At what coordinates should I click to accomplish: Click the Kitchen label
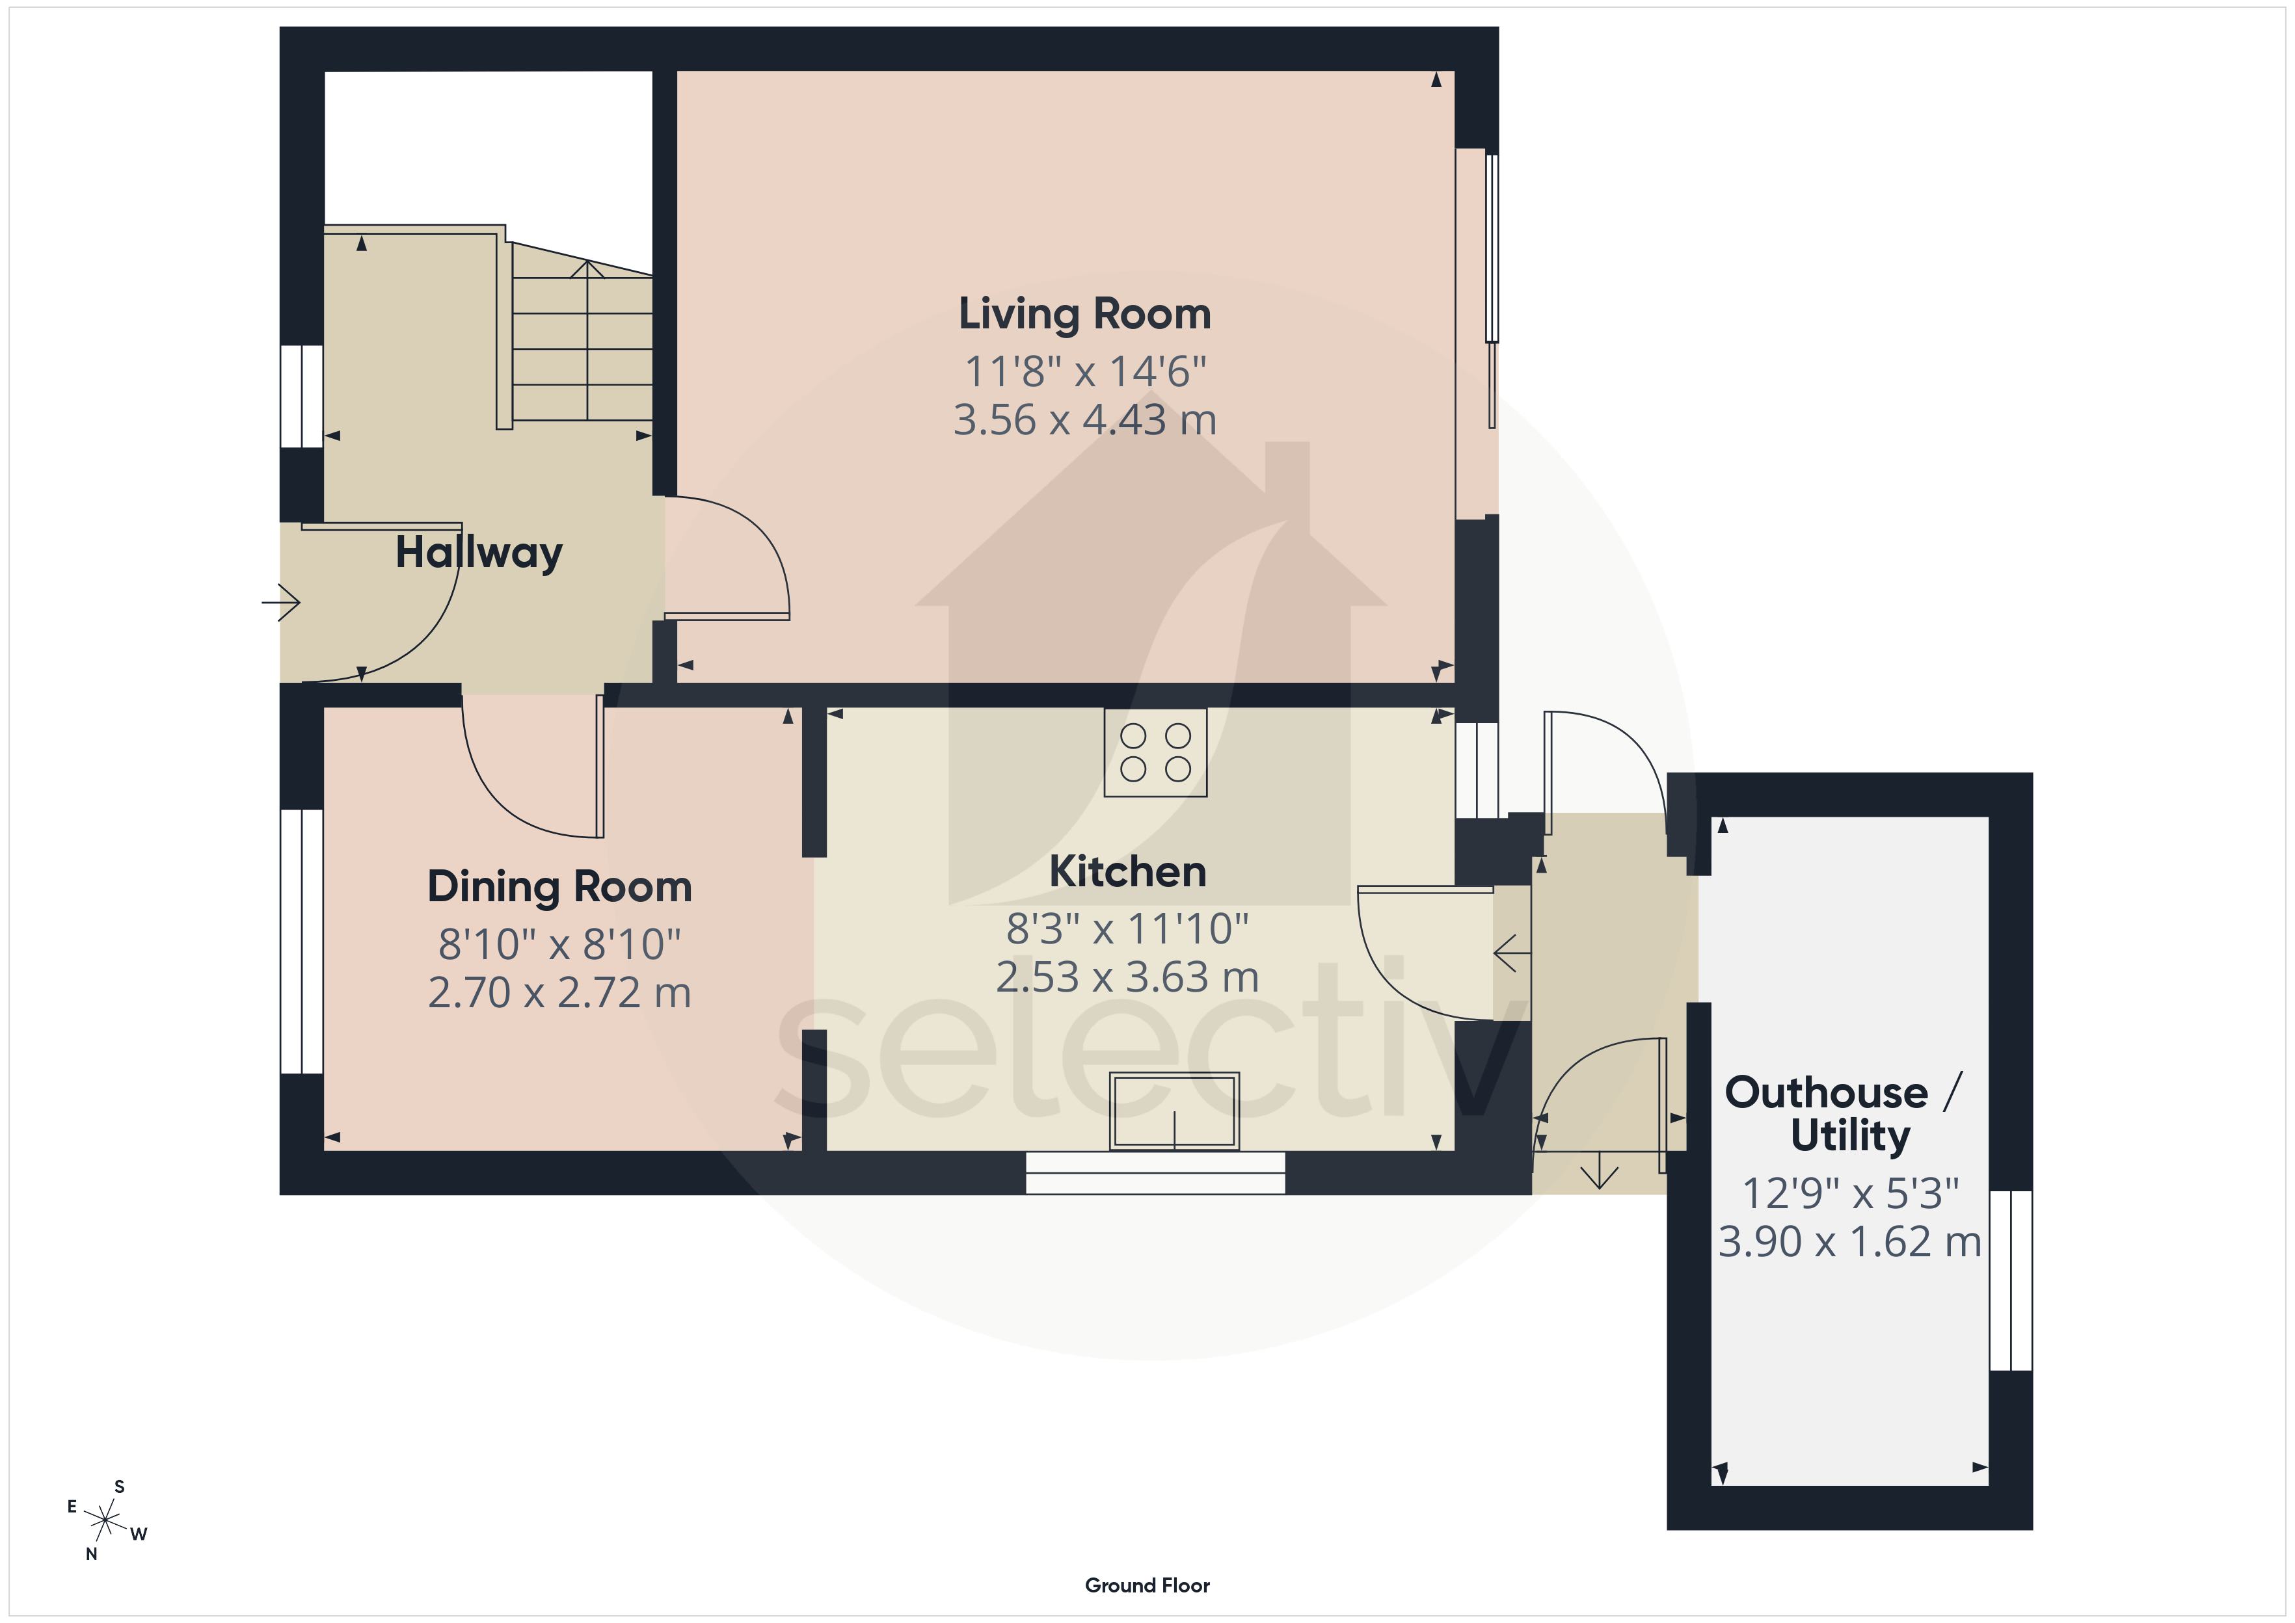(1127, 871)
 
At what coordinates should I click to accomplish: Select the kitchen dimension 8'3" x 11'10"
(1127, 929)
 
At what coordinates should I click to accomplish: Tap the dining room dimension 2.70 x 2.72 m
(559, 992)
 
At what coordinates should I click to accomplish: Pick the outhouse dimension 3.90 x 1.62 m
(1849, 1241)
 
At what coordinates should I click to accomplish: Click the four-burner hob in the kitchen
(1155, 752)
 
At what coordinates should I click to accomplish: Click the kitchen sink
(1174, 1111)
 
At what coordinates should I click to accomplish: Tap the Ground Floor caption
(1147, 1585)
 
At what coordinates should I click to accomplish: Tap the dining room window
(301, 942)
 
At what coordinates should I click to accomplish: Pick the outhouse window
(2011, 1280)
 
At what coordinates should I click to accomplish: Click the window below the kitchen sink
(1155, 1172)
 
